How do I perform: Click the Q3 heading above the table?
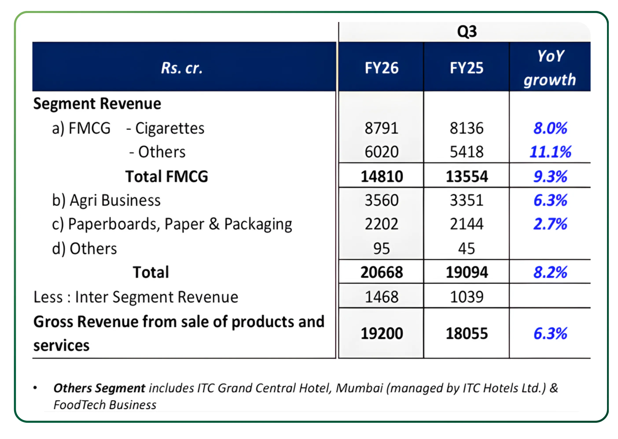click(467, 32)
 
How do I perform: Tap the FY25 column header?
click(466, 68)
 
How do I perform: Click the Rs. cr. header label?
click(182, 68)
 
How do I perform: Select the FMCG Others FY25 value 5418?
click(466, 152)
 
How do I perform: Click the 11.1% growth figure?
click(550, 152)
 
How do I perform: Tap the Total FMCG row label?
click(167, 176)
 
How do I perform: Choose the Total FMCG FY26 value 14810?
click(382, 176)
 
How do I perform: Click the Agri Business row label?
click(106, 200)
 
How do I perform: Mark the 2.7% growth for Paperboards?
click(550, 224)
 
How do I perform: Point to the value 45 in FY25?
click(466, 248)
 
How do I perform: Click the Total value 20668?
click(382, 272)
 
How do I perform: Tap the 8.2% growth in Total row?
click(550, 272)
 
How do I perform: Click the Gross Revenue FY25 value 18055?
click(467, 333)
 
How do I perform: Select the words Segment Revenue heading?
click(97, 103)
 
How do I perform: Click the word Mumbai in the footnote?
click(359, 388)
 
